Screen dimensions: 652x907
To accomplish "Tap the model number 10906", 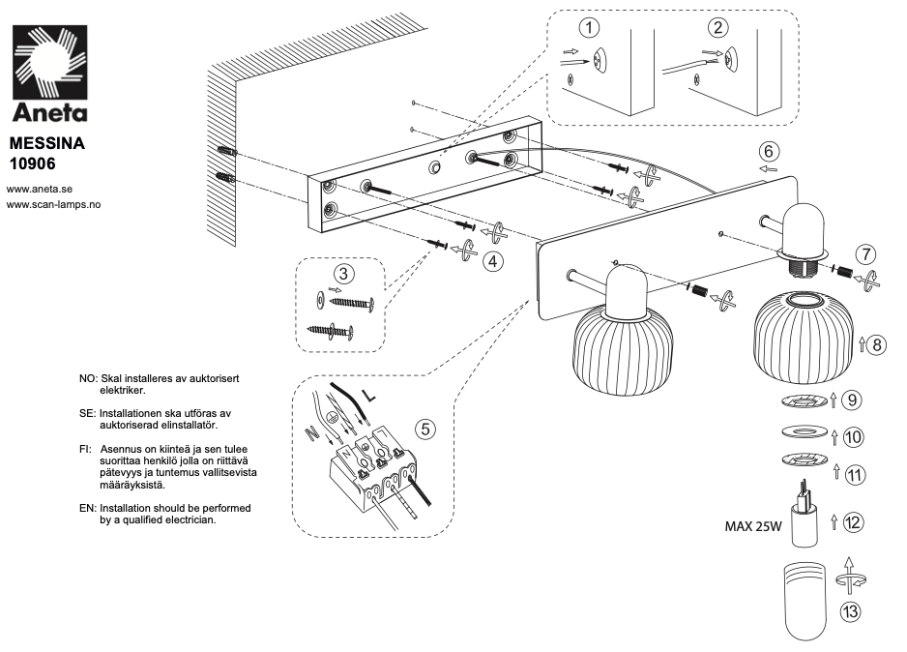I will coord(36,163).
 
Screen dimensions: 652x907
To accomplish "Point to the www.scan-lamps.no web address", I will coord(54,204).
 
